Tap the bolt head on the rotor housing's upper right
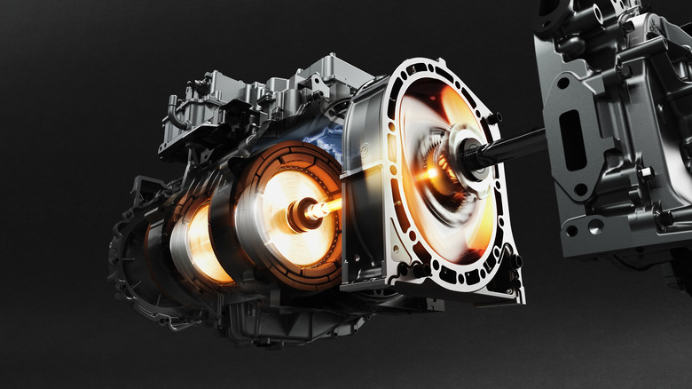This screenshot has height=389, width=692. (493, 117)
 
